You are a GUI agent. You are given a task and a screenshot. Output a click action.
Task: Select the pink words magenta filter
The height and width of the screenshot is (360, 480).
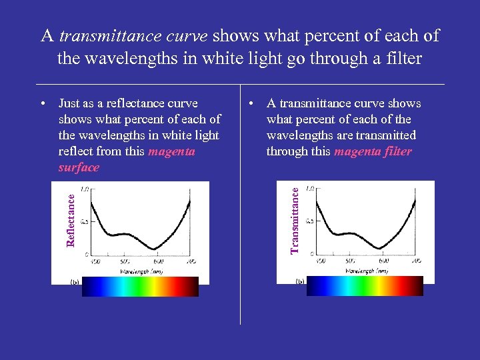click(373, 151)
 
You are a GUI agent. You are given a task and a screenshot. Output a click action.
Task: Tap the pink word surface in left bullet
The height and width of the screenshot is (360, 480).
click(79, 167)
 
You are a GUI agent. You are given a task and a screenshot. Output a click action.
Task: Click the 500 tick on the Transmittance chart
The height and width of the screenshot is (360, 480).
click(349, 261)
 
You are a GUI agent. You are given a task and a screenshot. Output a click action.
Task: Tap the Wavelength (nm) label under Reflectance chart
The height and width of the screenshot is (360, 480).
click(141, 271)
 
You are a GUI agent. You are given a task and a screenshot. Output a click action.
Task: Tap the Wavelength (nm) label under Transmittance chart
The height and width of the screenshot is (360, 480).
click(366, 271)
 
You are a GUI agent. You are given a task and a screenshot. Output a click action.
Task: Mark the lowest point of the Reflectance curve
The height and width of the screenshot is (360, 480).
click(155, 248)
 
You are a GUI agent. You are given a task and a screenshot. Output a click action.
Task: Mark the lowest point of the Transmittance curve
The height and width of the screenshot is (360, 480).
click(381, 248)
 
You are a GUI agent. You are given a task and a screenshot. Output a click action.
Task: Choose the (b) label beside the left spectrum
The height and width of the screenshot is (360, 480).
click(75, 281)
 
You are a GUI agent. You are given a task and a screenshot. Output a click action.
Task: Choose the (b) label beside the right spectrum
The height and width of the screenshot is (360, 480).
click(299, 281)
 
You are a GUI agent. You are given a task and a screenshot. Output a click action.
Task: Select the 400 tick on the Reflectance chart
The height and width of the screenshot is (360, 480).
click(95, 261)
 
